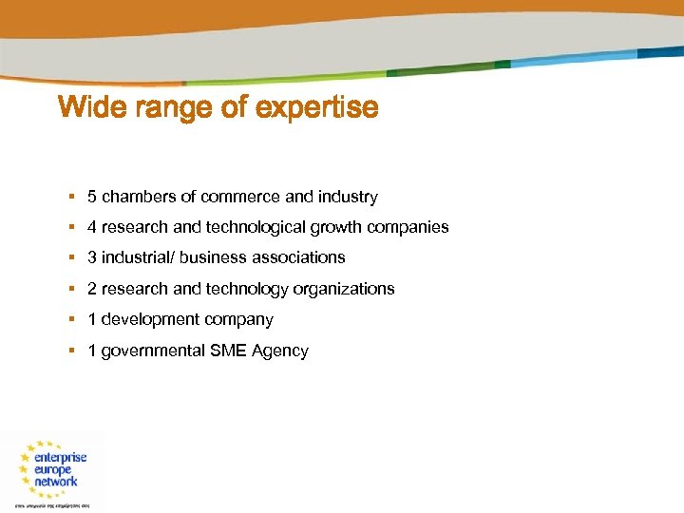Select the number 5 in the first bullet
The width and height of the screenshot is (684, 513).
tap(92, 198)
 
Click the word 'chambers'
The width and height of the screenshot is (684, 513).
tap(139, 198)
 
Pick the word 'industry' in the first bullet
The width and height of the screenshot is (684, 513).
tap(348, 198)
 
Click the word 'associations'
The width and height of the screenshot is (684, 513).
tap(299, 257)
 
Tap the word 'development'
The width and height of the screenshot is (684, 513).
tap(146, 320)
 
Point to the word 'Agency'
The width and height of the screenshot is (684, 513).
tap(280, 351)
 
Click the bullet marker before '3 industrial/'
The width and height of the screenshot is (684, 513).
tap(72, 257)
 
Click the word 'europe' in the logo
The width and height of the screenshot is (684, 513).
tap(52, 470)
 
